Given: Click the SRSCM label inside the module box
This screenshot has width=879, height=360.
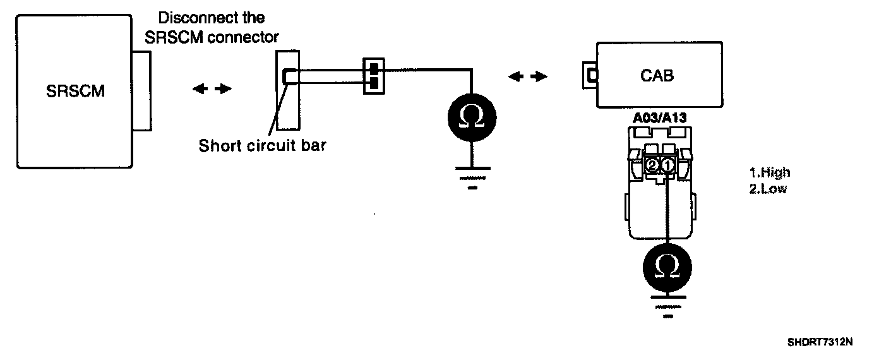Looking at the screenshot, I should tap(75, 91).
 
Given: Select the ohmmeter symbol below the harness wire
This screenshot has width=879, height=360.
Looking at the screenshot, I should tap(469, 116).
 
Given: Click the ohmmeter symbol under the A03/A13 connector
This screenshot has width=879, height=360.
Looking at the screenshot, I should tap(667, 266).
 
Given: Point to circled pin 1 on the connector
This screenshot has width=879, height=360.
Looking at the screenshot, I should tap(668, 165).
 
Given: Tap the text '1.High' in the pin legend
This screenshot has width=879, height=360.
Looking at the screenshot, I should tap(769, 172).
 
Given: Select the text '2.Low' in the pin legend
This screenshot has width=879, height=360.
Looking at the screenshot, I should tap(768, 189).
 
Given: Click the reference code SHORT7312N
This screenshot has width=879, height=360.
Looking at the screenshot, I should tap(820, 343).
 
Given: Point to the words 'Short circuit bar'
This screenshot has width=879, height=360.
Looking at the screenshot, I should tap(262, 146).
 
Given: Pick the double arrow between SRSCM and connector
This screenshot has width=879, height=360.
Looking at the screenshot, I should tap(212, 89).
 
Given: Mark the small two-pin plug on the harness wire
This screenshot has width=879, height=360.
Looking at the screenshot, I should tap(373, 76).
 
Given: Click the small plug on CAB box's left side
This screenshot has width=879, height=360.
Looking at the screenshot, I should tap(590, 76).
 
